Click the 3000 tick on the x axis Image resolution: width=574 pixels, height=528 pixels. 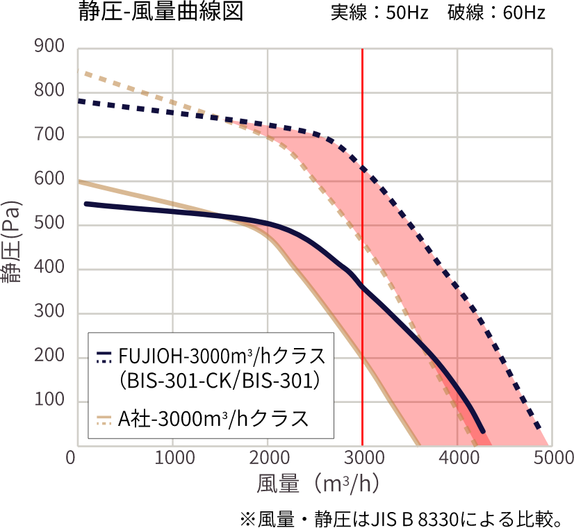pyautogui.click(x=362, y=459)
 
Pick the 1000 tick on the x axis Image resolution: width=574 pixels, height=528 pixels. pyautogui.click(x=172, y=459)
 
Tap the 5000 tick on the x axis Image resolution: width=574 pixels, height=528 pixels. pyautogui.click(x=552, y=459)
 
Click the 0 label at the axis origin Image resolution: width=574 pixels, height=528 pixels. pyautogui.click(x=70, y=459)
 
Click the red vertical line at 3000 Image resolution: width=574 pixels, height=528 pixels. pyautogui.click(x=363, y=208)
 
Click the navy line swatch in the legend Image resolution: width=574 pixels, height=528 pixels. pyautogui.click(x=104, y=357)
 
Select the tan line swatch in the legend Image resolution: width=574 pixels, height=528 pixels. pyautogui.click(x=104, y=419)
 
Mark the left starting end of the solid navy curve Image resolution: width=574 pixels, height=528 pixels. pyautogui.click(x=85, y=204)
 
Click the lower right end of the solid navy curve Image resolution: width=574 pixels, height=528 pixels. pyautogui.click(x=482, y=431)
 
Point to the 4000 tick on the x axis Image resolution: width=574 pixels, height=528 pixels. pyautogui.click(x=457, y=459)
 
